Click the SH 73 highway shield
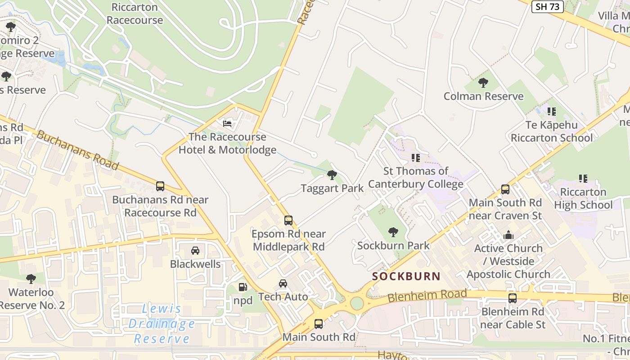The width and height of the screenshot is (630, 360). (x=547, y=6)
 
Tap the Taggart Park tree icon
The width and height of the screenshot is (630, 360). (x=332, y=175)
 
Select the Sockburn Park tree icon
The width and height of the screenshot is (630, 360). (x=393, y=232)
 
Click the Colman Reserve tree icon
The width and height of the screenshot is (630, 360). (x=483, y=83)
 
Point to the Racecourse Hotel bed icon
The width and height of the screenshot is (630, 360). (x=227, y=123)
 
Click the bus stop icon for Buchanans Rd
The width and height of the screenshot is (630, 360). (x=160, y=186)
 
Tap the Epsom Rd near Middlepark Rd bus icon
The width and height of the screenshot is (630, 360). (x=288, y=220)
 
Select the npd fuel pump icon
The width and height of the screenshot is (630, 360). (x=243, y=287)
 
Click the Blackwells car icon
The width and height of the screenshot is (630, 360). (x=195, y=251)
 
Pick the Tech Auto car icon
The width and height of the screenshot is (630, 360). (x=283, y=283)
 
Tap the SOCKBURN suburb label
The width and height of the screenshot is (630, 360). (x=406, y=276)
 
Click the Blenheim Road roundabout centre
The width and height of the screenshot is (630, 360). (x=357, y=303)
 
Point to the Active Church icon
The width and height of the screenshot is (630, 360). (x=508, y=235)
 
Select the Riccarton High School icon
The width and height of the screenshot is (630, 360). (x=583, y=179)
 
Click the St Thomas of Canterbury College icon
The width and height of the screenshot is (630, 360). (x=416, y=158)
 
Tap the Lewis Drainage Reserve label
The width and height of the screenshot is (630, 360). (x=162, y=324)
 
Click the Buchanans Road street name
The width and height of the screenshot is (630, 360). (x=77, y=150)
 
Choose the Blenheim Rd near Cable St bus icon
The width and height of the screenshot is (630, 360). (x=513, y=298)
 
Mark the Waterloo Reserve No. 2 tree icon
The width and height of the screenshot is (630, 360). (x=31, y=279)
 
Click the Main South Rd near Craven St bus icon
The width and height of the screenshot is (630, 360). (x=505, y=189)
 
